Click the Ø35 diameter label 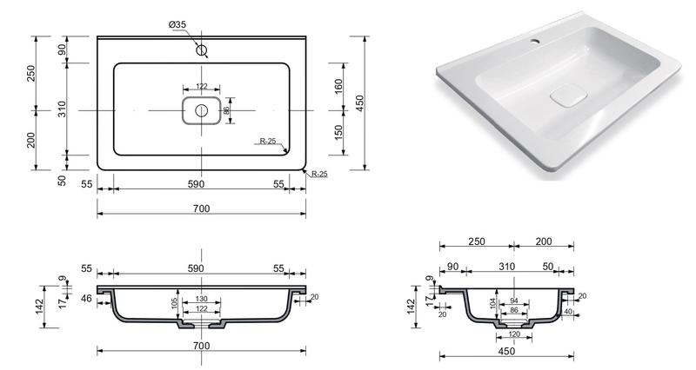point(177,25)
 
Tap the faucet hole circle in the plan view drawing point(202,50)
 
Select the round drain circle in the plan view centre point(202,110)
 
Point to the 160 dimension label point(338,86)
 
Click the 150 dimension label point(338,133)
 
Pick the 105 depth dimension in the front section point(175,303)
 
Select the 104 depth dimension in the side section point(493,303)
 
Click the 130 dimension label point(202,299)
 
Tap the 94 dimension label point(514,301)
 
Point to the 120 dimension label point(514,334)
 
